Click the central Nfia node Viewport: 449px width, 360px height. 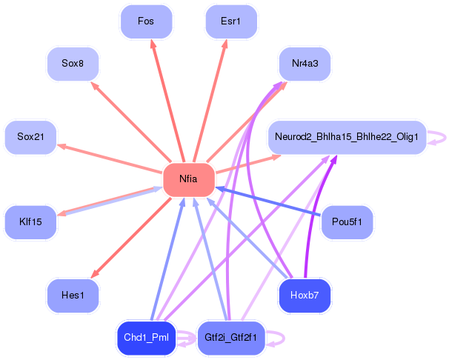[189, 179]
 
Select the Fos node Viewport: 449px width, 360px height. [146, 21]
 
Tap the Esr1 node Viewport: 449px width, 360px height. [231, 21]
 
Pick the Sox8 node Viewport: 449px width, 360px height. [73, 64]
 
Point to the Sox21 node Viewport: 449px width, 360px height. [30, 137]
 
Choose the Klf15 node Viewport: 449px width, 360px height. [30, 222]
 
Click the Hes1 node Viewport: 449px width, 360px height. [73, 296]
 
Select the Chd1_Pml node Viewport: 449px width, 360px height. [146, 338]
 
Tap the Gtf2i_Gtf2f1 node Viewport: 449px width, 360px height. [231, 338]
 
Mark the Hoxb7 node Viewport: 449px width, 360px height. [305, 296]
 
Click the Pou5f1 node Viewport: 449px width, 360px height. [347, 222]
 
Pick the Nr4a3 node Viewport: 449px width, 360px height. [305, 64]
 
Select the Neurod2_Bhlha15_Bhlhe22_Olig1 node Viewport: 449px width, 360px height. [347, 137]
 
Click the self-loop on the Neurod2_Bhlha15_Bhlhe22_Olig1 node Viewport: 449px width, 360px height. [445, 137]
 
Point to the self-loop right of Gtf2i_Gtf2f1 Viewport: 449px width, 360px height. [284, 339]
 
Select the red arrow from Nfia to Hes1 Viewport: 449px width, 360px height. [131, 238]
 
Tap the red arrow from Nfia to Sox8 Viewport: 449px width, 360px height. [131, 121]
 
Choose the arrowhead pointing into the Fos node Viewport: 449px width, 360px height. [153, 44]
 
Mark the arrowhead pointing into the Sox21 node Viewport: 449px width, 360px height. [61, 147]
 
